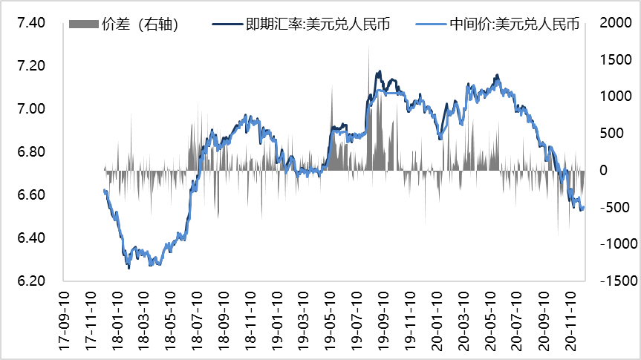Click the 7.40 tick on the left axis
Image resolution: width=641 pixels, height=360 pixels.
click(30, 23)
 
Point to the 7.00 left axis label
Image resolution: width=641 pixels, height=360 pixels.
click(30, 109)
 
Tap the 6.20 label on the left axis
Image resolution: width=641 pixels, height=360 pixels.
click(30, 281)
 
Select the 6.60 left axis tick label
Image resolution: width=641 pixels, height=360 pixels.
click(30, 195)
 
